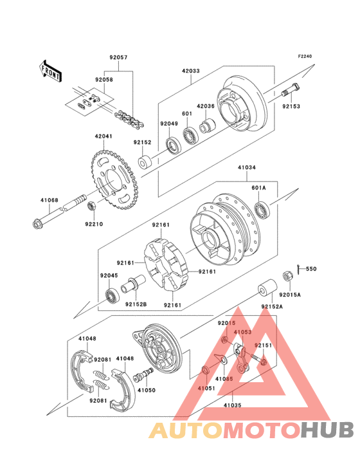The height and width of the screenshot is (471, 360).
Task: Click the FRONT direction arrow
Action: coord(50,71)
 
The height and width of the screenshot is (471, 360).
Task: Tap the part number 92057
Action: coord(118,57)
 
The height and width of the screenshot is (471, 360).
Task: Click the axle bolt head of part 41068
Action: coord(37,223)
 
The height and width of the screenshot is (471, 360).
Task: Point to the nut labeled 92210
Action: coord(91,207)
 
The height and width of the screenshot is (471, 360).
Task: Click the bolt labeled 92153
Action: coord(290,90)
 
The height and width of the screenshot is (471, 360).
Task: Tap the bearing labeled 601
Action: coord(190,136)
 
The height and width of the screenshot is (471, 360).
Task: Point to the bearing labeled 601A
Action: coord(262,209)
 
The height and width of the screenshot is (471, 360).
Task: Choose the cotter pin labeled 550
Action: coord(299,269)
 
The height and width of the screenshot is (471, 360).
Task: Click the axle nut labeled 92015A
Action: coord(287,276)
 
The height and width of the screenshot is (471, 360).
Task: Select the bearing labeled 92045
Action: coord(113,295)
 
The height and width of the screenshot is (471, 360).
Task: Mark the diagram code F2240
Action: coord(305,56)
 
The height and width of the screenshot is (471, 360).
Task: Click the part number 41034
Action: coord(247,167)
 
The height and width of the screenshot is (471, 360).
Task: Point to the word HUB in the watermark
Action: coord(328,429)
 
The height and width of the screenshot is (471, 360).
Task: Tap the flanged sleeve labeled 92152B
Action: coord(133,284)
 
